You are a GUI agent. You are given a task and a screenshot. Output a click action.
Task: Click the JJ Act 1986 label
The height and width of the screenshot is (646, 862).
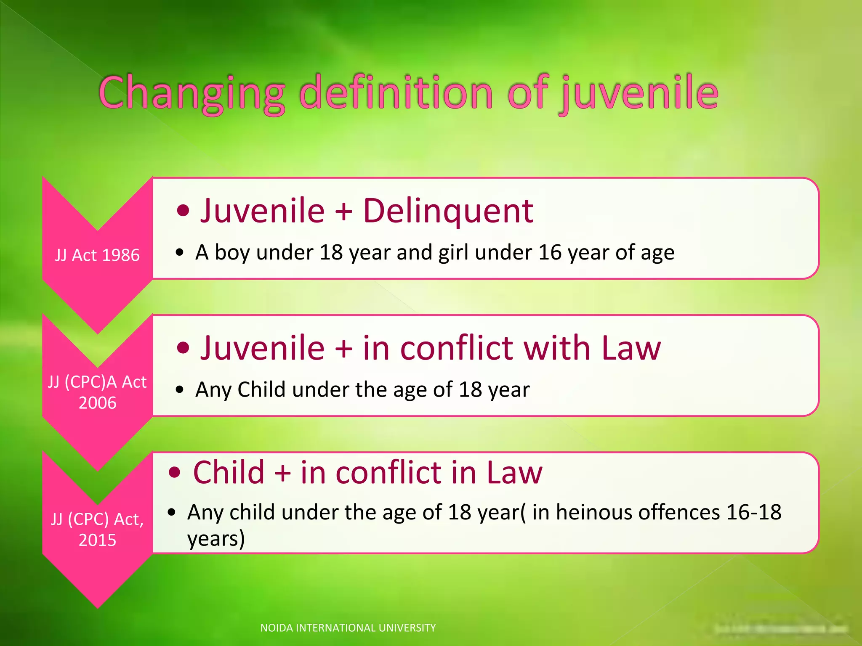point(97,255)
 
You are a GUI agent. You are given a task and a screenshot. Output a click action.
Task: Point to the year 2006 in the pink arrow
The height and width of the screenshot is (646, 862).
point(97,403)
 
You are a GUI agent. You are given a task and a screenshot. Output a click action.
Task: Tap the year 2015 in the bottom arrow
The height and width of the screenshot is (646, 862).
point(97,540)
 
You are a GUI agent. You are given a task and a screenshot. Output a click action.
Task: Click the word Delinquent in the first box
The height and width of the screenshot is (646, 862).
point(448,210)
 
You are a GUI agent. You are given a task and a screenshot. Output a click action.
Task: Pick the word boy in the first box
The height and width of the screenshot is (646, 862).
point(232,252)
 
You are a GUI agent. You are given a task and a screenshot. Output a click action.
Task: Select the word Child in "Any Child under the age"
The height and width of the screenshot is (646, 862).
point(261,389)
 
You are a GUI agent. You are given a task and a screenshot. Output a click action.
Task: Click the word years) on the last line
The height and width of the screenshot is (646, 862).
point(216,538)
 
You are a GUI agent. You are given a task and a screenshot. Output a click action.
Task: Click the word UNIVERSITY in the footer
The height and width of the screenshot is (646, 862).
point(407,628)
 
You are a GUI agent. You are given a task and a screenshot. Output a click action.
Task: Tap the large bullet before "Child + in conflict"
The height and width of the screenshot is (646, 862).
point(174,473)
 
